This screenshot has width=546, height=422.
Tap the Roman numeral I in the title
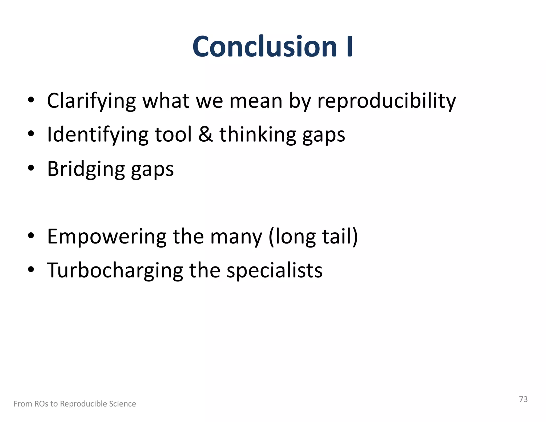pyautogui.click(x=350, y=47)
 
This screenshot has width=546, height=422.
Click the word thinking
pyautogui.click(x=258, y=135)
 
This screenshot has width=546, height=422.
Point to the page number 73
pyautogui.click(x=523, y=399)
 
